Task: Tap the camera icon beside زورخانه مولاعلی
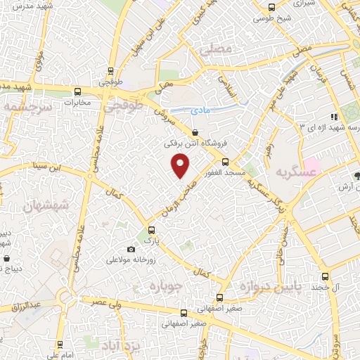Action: [130, 250]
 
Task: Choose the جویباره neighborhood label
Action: [166, 285]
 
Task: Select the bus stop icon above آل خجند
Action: [324, 277]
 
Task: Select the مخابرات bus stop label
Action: [77, 103]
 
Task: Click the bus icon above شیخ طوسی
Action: [273, 9]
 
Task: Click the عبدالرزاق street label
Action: [26, 307]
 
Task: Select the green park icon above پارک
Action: [149, 230]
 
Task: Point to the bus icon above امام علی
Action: [59, 345]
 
